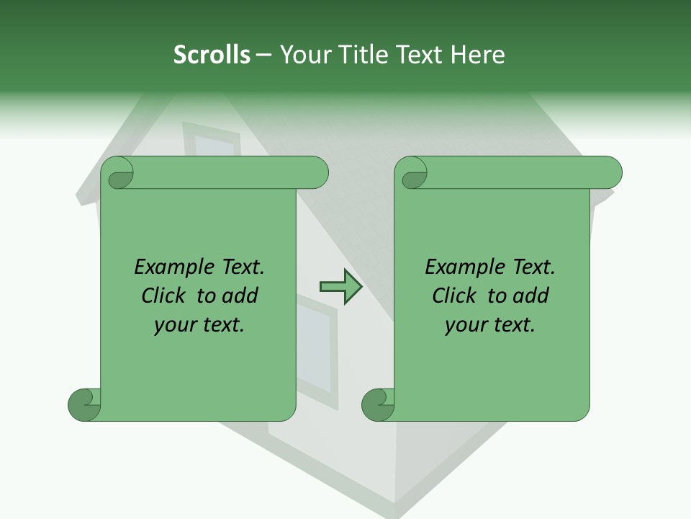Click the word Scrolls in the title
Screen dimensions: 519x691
click(212, 55)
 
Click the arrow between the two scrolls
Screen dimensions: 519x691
click(340, 287)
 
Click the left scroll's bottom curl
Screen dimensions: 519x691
click(84, 404)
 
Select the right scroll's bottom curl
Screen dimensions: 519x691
click(378, 404)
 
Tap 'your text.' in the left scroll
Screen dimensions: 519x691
click(199, 324)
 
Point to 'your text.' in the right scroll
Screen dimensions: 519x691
click(490, 324)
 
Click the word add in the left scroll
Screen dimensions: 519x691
click(240, 296)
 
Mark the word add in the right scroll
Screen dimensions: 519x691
click(531, 296)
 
